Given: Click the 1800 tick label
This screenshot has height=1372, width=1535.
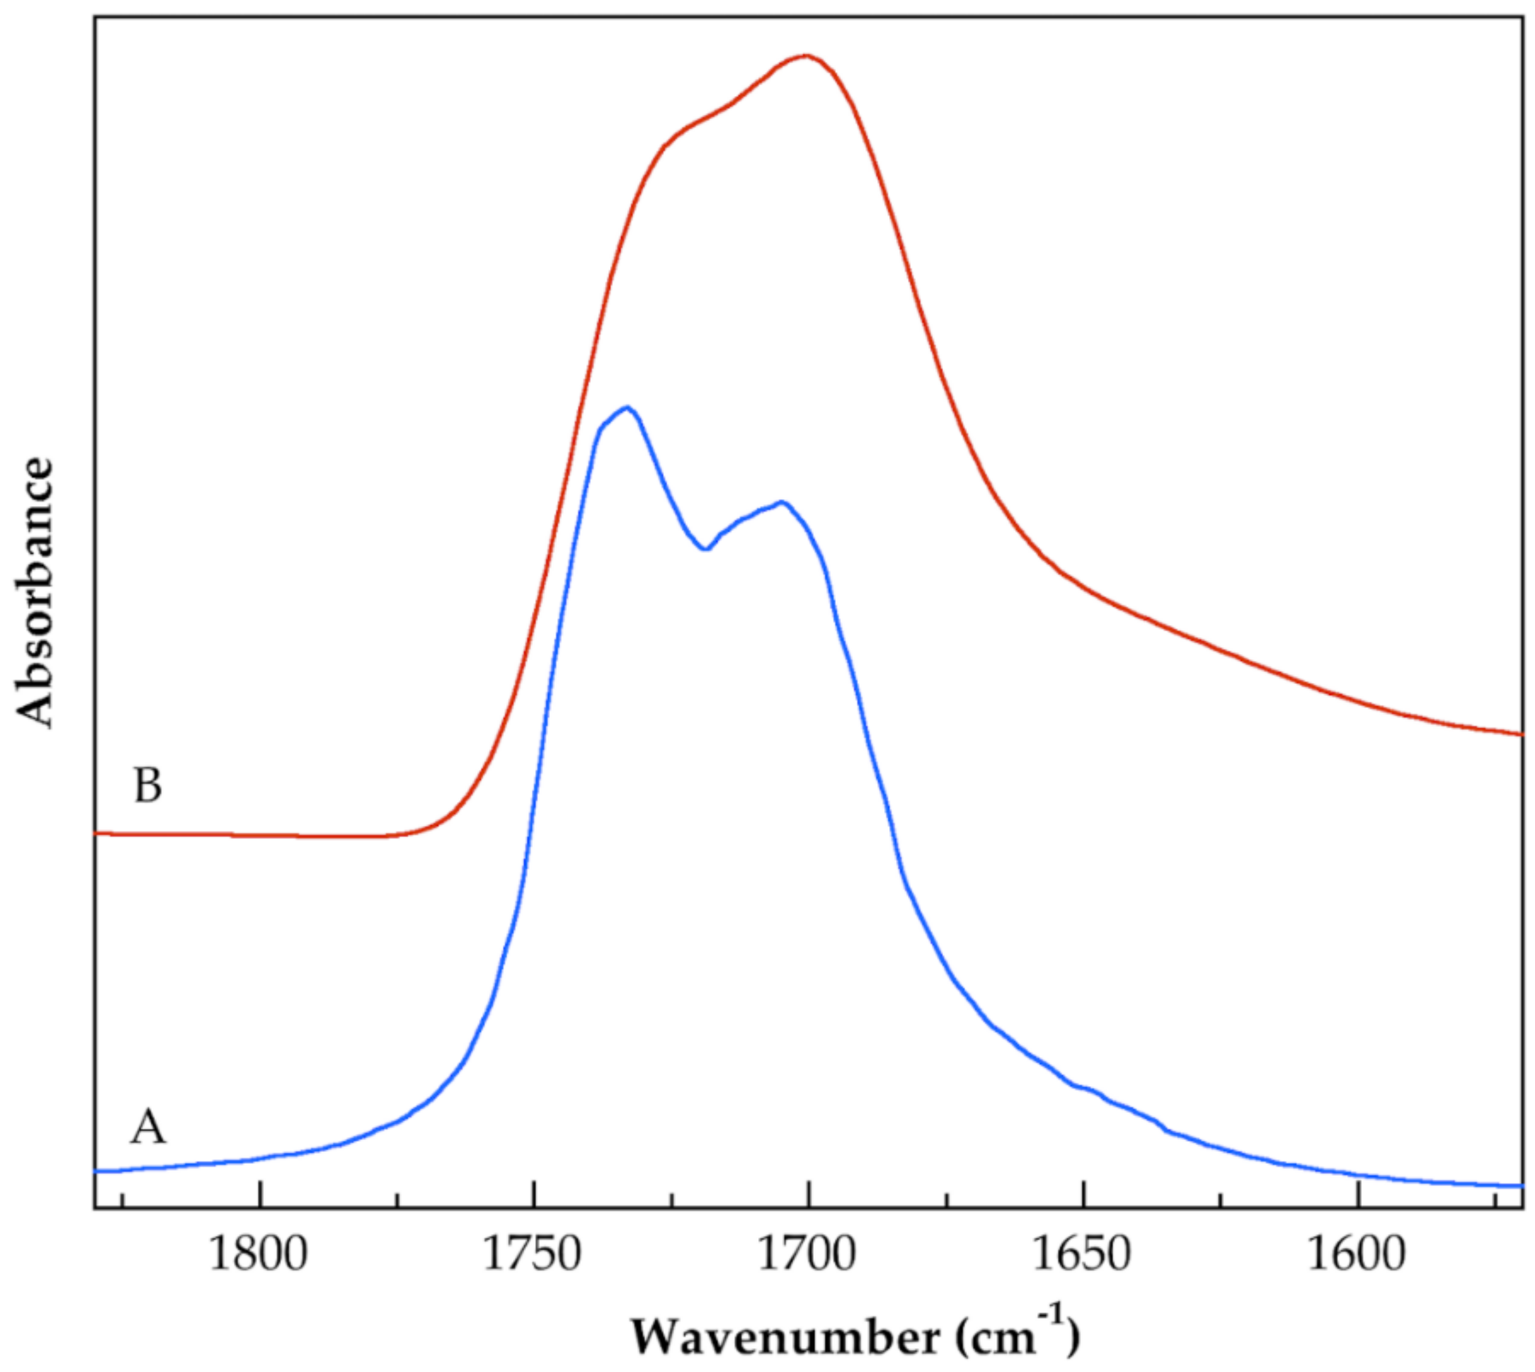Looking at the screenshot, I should click(x=258, y=1255).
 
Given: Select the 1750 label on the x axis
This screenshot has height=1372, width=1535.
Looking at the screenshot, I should click(x=533, y=1255).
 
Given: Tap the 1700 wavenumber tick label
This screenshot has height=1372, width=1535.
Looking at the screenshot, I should click(x=808, y=1255).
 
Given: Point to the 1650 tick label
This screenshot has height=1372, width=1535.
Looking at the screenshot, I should click(x=1083, y=1255).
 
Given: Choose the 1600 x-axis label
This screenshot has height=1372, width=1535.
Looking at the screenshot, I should click(x=1357, y=1255).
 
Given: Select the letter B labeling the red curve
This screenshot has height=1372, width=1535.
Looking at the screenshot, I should click(x=148, y=786).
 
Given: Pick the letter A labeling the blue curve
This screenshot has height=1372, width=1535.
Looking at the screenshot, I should click(x=148, y=1129).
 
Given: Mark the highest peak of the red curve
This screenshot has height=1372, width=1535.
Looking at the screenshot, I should click(x=805, y=56).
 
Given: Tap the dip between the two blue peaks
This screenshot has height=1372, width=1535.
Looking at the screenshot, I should click(x=705, y=549).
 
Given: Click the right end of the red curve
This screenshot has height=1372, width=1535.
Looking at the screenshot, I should click(x=1521, y=734).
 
